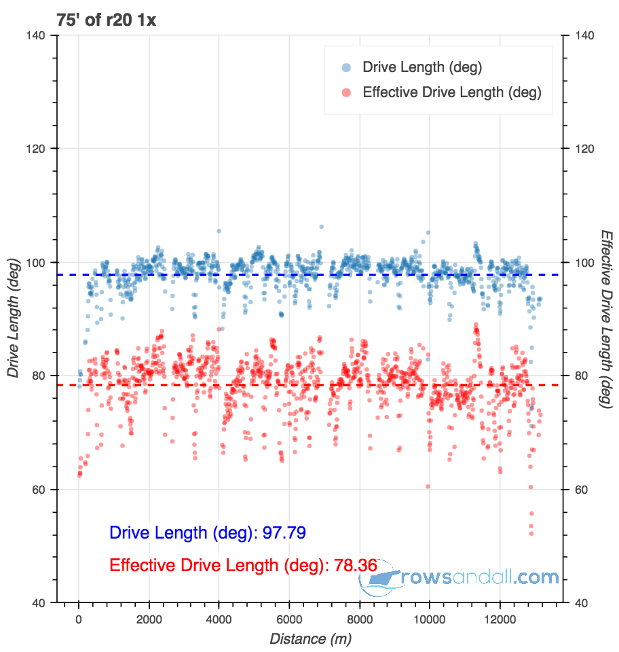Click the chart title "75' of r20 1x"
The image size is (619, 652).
pos(96,20)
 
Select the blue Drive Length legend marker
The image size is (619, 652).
pos(346,67)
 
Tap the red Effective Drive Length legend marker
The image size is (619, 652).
pos(346,92)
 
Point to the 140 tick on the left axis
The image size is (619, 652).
pos(41,35)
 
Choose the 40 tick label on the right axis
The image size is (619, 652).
pos(581,602)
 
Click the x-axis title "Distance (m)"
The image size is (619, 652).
pos(310,638)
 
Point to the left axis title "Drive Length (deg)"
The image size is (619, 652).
pos(13,319)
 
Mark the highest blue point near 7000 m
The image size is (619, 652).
pos(321,227)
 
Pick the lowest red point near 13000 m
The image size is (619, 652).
pos(531,533)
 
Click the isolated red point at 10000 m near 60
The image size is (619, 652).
pos(428,486)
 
